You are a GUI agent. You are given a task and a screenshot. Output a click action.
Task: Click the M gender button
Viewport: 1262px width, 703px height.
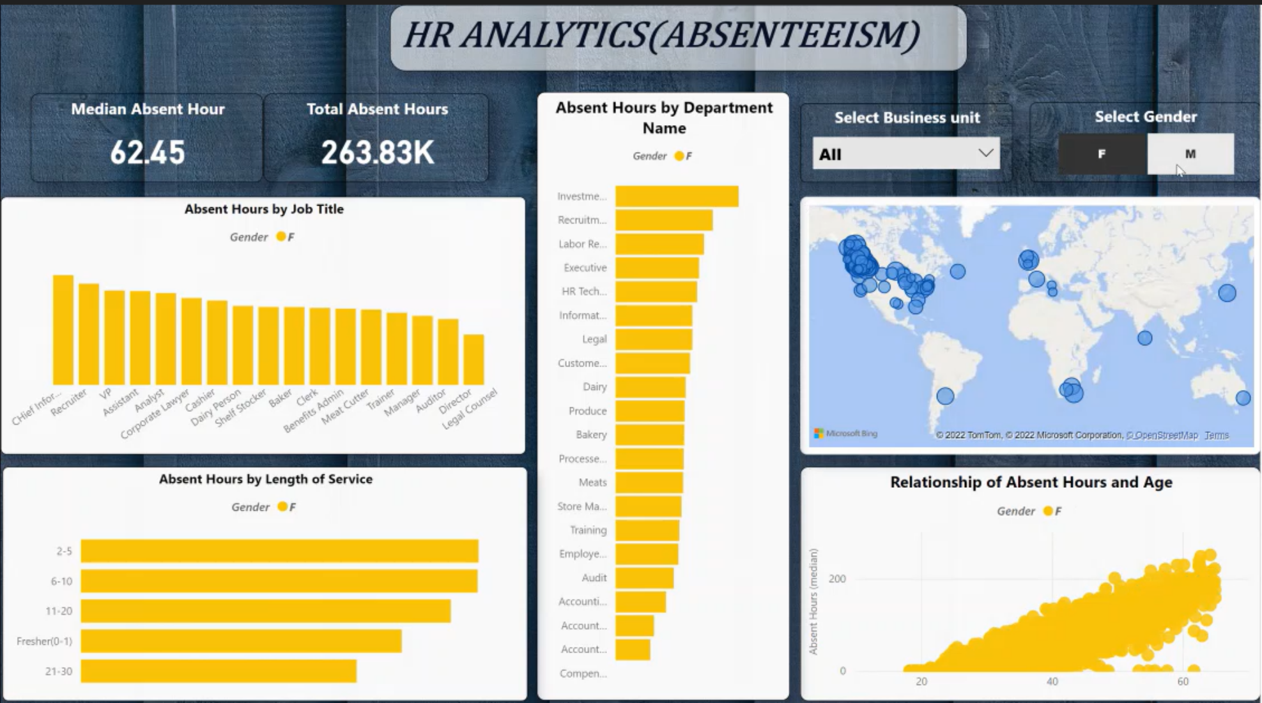pyautogui.click(x=1190, y=154)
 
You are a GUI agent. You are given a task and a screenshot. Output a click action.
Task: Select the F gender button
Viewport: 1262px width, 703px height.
pyautogui.click(x=1102, y=154)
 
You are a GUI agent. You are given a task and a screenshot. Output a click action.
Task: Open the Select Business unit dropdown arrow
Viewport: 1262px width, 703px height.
pyautogui.click(x=985, y=153)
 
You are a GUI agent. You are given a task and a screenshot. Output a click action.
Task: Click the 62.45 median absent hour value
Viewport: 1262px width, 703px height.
pyautogui.click(x=148, y=153)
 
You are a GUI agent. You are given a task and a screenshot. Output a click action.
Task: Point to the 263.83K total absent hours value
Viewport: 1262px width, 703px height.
pyautogui.click(x=377, y=153)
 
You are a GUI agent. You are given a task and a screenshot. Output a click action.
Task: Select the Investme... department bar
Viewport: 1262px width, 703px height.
pyautogui.click(x=676, y=196)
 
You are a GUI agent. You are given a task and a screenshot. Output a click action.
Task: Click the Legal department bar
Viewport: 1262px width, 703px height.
pyautogui.click(x=653, y=339)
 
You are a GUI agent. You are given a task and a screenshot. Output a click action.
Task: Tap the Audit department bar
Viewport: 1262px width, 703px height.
pyautogui.click(x=644, y=578)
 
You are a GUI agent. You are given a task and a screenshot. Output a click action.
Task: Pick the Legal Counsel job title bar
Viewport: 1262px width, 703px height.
pyautogui.click(x=473, y=359)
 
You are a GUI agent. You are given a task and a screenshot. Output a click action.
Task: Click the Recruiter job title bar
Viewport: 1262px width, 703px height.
pyautogui.click(x=89, y=333)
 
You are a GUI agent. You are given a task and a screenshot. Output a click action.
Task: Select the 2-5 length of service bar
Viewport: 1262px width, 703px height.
pyautogui.click(x=279, y=551)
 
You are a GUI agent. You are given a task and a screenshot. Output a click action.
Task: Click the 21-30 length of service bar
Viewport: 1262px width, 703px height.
pyautogui.click(x=219, y=671)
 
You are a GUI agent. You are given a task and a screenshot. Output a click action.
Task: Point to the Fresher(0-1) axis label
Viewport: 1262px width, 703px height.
pyautogui.click(x=44, y=641)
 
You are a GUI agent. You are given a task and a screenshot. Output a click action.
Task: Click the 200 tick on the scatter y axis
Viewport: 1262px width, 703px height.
pyautogui.click(x=837, y=578)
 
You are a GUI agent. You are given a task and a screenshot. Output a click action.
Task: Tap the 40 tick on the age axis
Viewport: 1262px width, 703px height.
pyautogui.click(x=1052, y=681)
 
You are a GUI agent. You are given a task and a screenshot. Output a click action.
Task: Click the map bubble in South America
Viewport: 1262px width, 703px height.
pyautogui.click(x=945, y=396)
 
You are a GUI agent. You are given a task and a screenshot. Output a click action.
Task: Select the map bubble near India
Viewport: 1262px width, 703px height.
pyautogui.click(x=1144, y=338)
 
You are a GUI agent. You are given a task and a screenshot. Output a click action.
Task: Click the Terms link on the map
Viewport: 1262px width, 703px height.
pyautogui.click(x=1216, y=435)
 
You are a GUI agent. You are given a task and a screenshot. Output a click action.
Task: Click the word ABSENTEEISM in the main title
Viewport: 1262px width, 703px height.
pyautogui.click(x=790, y=35)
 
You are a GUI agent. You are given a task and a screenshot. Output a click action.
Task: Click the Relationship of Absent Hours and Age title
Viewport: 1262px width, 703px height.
pyautogui.click(x=1031, y=482)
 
